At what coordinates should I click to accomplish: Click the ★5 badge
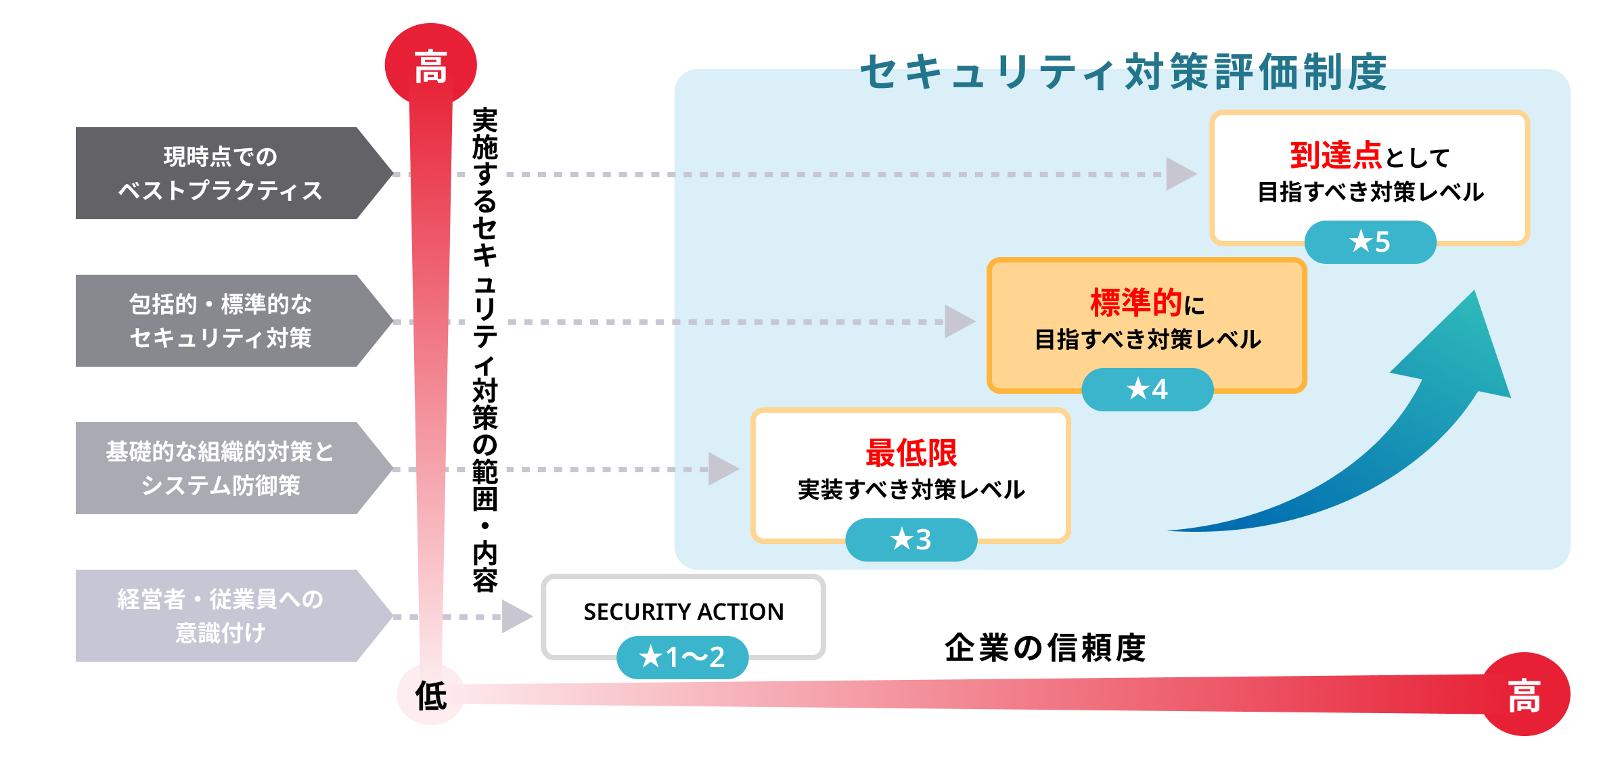(1370, 242)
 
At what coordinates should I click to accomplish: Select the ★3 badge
(911, 540)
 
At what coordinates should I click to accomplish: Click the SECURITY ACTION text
(683, 612)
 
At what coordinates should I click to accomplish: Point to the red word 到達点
(1336, 156)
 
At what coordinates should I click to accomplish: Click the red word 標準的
(1136, 302)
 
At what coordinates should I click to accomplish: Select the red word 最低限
(911, 453)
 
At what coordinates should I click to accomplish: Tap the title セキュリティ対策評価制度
(1123, 72)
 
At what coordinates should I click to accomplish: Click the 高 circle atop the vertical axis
(430, 66)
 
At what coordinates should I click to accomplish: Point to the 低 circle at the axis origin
(431, 695)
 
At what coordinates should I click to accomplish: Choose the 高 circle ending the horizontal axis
(1525, 695)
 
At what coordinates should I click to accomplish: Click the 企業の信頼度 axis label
(1045, 647)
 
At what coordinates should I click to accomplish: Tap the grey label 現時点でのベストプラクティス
(220, 173)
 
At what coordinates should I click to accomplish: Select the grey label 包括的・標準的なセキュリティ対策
(220, 321)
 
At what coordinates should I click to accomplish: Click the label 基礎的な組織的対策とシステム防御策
(220, 468)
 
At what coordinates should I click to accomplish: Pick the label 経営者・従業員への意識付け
(220, 616)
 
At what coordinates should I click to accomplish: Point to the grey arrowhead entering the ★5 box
(1180, 174)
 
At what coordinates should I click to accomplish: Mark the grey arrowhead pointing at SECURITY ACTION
(516, 616)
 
